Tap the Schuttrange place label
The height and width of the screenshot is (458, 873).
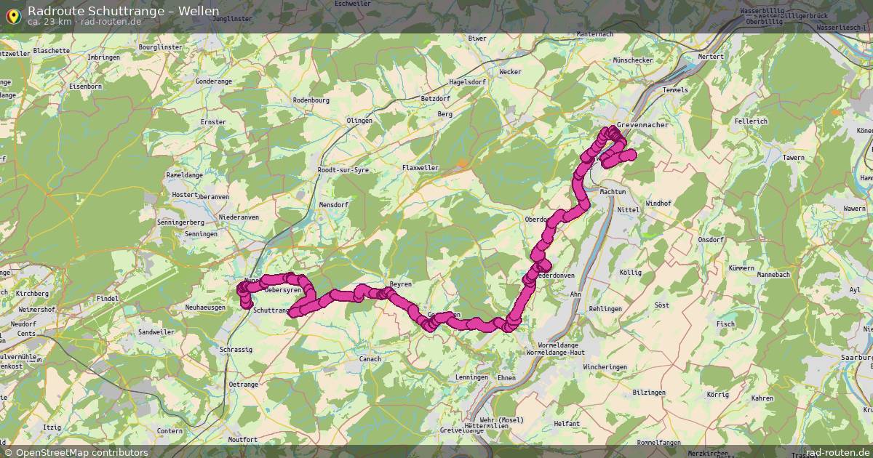[271, 310]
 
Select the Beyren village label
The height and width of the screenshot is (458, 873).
[401, 284]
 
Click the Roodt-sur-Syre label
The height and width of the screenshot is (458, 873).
[343, 169]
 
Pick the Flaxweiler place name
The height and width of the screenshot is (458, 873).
[420, 167]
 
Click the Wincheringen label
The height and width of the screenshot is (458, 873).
[605, 367]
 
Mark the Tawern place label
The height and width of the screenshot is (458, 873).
[793, 157]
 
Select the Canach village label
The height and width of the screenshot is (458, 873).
[370, 358]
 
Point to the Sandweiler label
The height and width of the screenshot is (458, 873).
[156, 332]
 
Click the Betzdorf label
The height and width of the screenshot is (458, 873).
[436, 98]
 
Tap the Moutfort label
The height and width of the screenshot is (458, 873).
[243, 440]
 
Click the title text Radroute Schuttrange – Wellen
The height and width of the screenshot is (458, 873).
[123, 10]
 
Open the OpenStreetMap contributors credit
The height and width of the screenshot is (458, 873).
[81, 452]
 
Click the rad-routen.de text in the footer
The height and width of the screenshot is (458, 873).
[837, 452]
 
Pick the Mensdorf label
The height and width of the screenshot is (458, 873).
[334, 205]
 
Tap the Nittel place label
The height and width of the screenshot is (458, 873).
[628, 209]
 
